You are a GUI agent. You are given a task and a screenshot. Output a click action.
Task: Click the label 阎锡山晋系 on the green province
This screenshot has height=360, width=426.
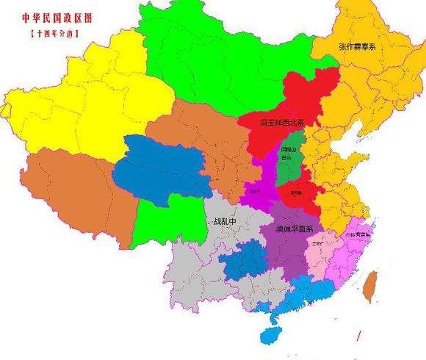[x=286, y=155]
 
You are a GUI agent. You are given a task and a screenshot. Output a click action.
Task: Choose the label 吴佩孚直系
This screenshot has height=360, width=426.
[x=292, y=228]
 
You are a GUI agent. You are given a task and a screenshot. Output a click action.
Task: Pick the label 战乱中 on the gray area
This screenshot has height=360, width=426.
[x=225, y=221]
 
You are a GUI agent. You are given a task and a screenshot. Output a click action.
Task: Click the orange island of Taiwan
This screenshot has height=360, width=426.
[x=371, y=287]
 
